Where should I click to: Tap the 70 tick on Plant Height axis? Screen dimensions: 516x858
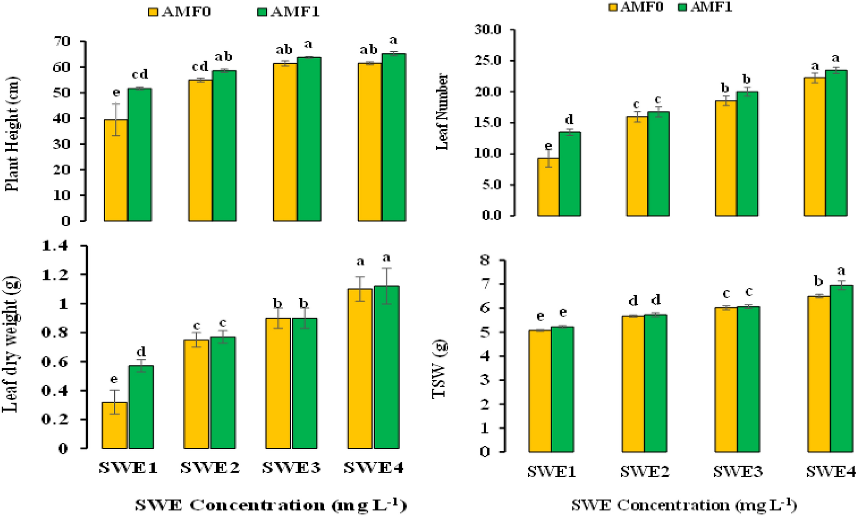[63, 41]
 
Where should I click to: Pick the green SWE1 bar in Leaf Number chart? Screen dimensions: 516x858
[570, 174]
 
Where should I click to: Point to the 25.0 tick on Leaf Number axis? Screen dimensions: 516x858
[488, 61]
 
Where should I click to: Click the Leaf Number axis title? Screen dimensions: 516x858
[442, 112]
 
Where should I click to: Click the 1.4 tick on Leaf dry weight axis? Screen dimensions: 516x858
[55, 246]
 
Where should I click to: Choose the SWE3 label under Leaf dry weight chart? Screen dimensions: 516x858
[291, 468]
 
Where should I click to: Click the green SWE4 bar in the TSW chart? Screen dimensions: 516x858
[842, 369]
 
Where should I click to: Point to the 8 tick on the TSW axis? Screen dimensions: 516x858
[485, 260]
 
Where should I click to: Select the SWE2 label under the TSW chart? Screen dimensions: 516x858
[644, 471]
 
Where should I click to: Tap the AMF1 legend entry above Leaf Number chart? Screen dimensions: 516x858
[705, 6]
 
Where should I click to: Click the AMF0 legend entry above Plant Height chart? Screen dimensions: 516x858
[180, 11]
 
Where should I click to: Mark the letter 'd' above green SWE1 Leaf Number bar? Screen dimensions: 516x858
[570, 119]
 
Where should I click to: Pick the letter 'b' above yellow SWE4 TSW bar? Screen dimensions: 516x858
[818, 281]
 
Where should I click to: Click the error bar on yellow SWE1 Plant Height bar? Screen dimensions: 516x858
[116, 119]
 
